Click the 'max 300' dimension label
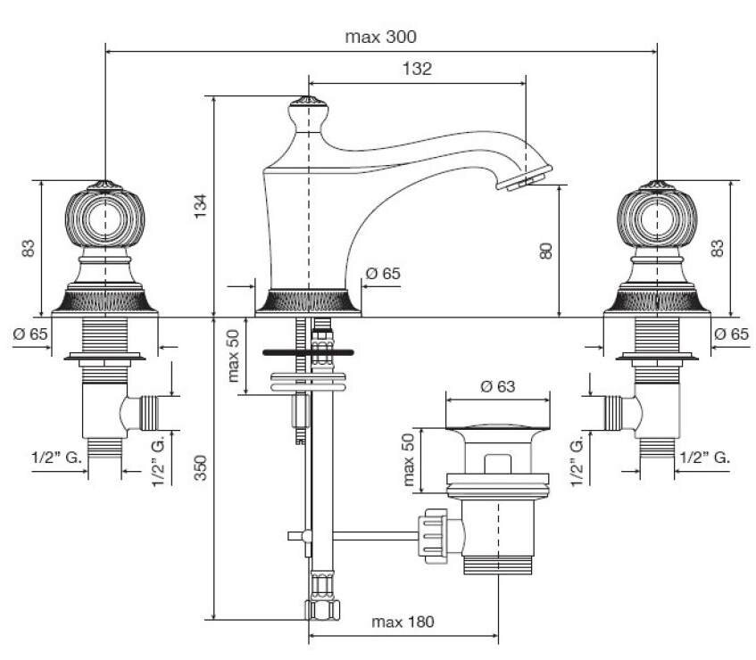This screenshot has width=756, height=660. (x=380, y=37)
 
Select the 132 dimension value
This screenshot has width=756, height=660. (x=417, y=70)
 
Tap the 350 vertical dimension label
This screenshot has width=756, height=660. (x=202, y=467)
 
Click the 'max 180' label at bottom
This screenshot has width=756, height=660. (x=403, y=622)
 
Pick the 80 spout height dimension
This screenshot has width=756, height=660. (x=546, y=251)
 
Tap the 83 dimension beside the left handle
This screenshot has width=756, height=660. (x=29, y=248)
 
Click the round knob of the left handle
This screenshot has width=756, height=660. (x=105, y=219)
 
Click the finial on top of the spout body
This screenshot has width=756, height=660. (x=309, y=104)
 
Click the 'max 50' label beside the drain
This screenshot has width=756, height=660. (x=410, y=460)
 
